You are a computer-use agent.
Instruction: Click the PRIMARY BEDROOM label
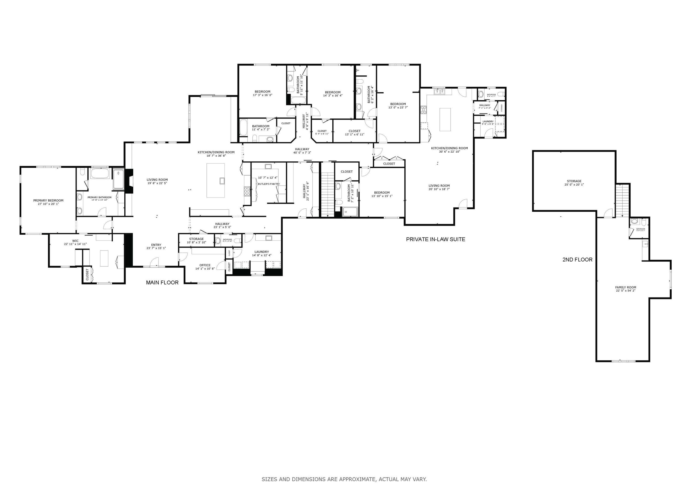click(x=48, y=201)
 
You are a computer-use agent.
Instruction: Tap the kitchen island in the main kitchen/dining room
click(x=216, y=180)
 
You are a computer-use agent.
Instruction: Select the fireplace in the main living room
click(x=130, y=181)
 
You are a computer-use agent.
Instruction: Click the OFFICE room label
click(x=205, y=265)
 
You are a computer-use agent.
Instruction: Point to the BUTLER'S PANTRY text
click(x=269, y=184)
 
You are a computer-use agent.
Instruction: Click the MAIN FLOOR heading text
click(x=162, y=283)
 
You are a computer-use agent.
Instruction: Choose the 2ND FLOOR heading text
click(x=577, y=260)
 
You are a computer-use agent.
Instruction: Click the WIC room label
click(x=75, y=241)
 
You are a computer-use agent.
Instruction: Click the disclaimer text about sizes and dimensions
click(x=344, y=479)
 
